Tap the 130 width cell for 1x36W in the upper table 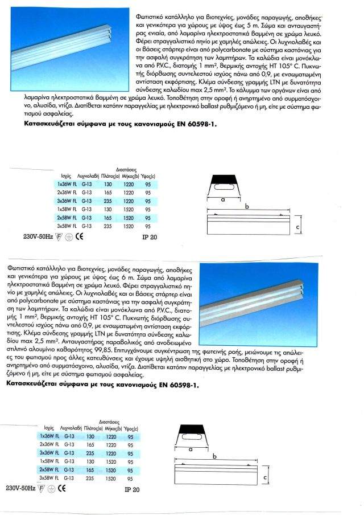[107, 184]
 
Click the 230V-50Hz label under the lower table [20, 488]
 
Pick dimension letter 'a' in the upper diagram [222, 199]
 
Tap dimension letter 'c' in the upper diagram [298, 228]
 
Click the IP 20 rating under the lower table [132, 489]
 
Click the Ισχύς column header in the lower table [50, 427]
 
